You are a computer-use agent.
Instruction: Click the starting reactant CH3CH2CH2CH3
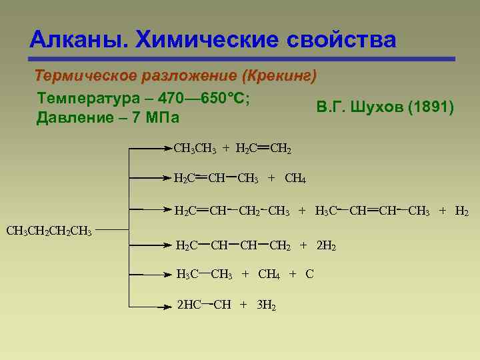point(49,231)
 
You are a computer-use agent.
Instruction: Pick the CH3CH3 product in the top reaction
point(194,148)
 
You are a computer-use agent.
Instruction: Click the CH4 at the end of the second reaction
point(295,178)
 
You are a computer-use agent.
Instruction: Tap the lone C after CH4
point(309,275)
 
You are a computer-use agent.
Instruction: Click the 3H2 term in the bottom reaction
point(267,305)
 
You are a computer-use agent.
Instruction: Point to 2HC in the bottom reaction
point(189,305)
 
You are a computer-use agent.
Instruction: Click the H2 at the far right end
point(461,212)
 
